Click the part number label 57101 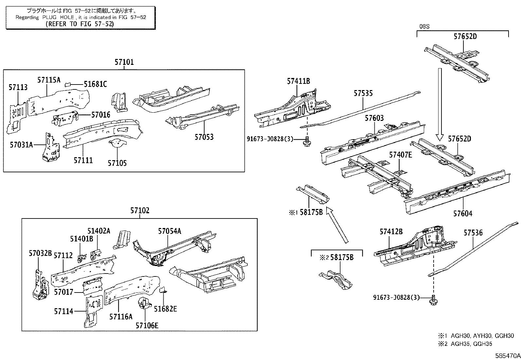pos(124,62)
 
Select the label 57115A pos(49,80)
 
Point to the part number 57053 pos(204,137)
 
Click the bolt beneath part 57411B pos(307,142)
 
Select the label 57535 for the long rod pos(363,93)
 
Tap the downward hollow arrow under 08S pos(440,105)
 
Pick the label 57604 pos(463,214)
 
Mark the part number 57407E pos(400,155)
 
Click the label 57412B pos(391,232)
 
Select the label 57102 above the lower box pos(140,211)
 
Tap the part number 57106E pos(147,325)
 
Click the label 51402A pos(99,231)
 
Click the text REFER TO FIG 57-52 pos(80,24)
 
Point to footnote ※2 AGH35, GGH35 pos(465,344)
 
